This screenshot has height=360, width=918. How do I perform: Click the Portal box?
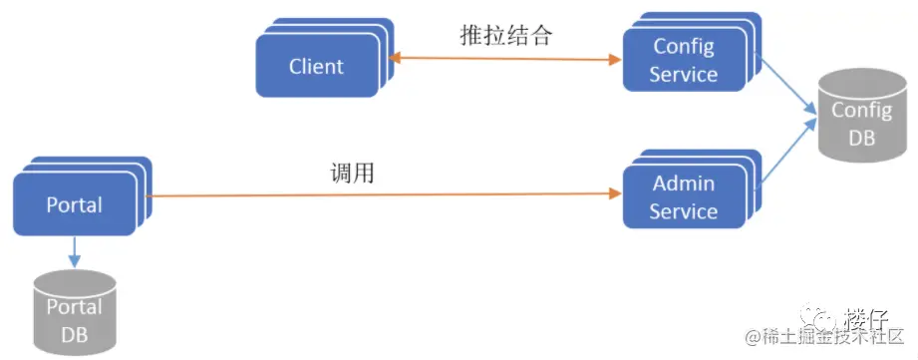tap(75, 204)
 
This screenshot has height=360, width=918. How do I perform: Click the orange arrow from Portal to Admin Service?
tap(379, 195)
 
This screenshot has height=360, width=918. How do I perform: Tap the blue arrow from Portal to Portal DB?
tap(74, 252)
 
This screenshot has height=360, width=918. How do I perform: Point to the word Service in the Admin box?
tap(683, 211)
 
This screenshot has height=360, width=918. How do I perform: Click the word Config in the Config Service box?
tap(683, 47)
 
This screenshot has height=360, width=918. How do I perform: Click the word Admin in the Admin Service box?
tap(683, 184)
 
